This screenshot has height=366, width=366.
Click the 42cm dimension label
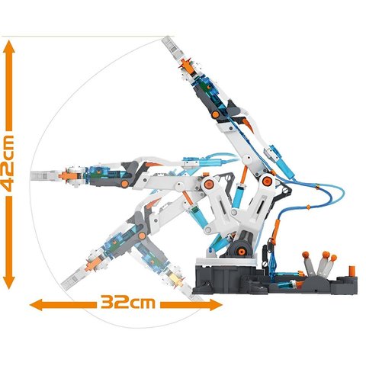pos(8,164)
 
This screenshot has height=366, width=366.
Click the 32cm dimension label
pos(127,303)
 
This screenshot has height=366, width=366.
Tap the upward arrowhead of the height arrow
pos(9,47)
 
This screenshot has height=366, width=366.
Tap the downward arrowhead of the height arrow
pos(9,283)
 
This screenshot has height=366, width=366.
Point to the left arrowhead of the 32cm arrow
pos(37,304)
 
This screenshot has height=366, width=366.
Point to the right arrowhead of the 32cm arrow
pos(216,304)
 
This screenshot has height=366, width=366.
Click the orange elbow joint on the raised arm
pos(216,114)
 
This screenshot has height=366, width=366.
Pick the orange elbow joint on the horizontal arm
pos(124,184)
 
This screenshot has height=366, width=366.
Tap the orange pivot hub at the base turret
pos(241,252)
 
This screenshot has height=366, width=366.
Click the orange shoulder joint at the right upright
pos(267,181)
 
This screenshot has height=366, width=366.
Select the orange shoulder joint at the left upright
pos(208,183)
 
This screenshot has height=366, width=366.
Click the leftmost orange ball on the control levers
pos(306,255)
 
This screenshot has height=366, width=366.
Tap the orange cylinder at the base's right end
pos(352,271)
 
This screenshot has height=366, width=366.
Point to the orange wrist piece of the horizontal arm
pos(67,175)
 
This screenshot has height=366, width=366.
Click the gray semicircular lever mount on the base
pos(314,281)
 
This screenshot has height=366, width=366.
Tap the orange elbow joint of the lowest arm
pos(143,236)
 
